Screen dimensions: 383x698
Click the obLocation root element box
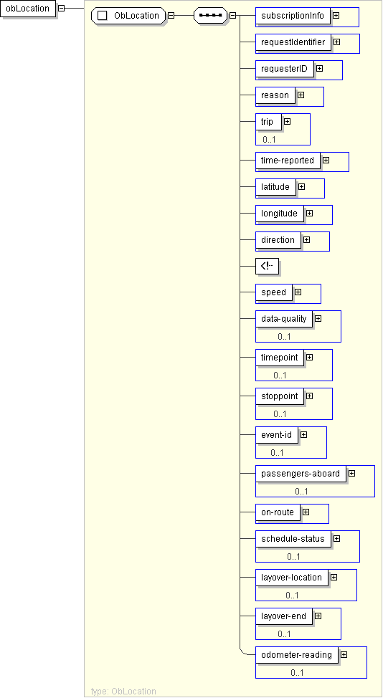pos(28,9)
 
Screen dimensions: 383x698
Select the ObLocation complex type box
pos(128,16)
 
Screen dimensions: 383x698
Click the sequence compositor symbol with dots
pos(211,16)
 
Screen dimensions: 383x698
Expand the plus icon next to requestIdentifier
pos(336,42)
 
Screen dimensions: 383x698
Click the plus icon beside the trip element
pos(287,121)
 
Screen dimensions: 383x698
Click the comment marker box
pos(267,266)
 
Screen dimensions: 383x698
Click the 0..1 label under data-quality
pos(284,337)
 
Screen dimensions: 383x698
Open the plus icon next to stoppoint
pos(310,396)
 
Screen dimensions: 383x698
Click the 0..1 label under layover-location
pos(292,596)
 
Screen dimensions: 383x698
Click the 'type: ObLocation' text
pos(123,692)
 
